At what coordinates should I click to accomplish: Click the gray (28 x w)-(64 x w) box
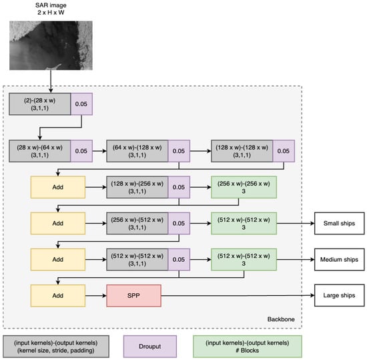[x=39, y=151]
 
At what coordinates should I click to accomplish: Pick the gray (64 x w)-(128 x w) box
[x=137, y=151]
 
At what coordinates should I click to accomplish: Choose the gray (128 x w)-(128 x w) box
[x=242, y=151]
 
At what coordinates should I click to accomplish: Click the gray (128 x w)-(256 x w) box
[x=137, y=187]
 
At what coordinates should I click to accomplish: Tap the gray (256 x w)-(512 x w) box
[x=137, y=223]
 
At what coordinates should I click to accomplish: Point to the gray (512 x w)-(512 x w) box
[x=137, y=259]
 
